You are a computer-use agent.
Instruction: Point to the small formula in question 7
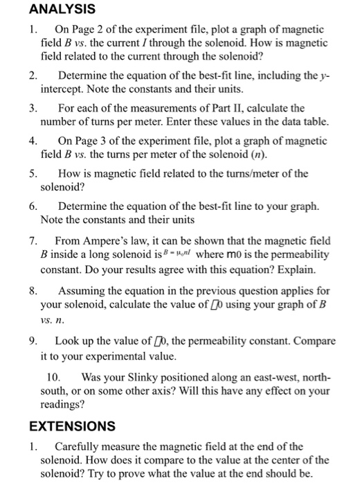(212, 255)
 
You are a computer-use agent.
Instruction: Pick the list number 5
(33, 173)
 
